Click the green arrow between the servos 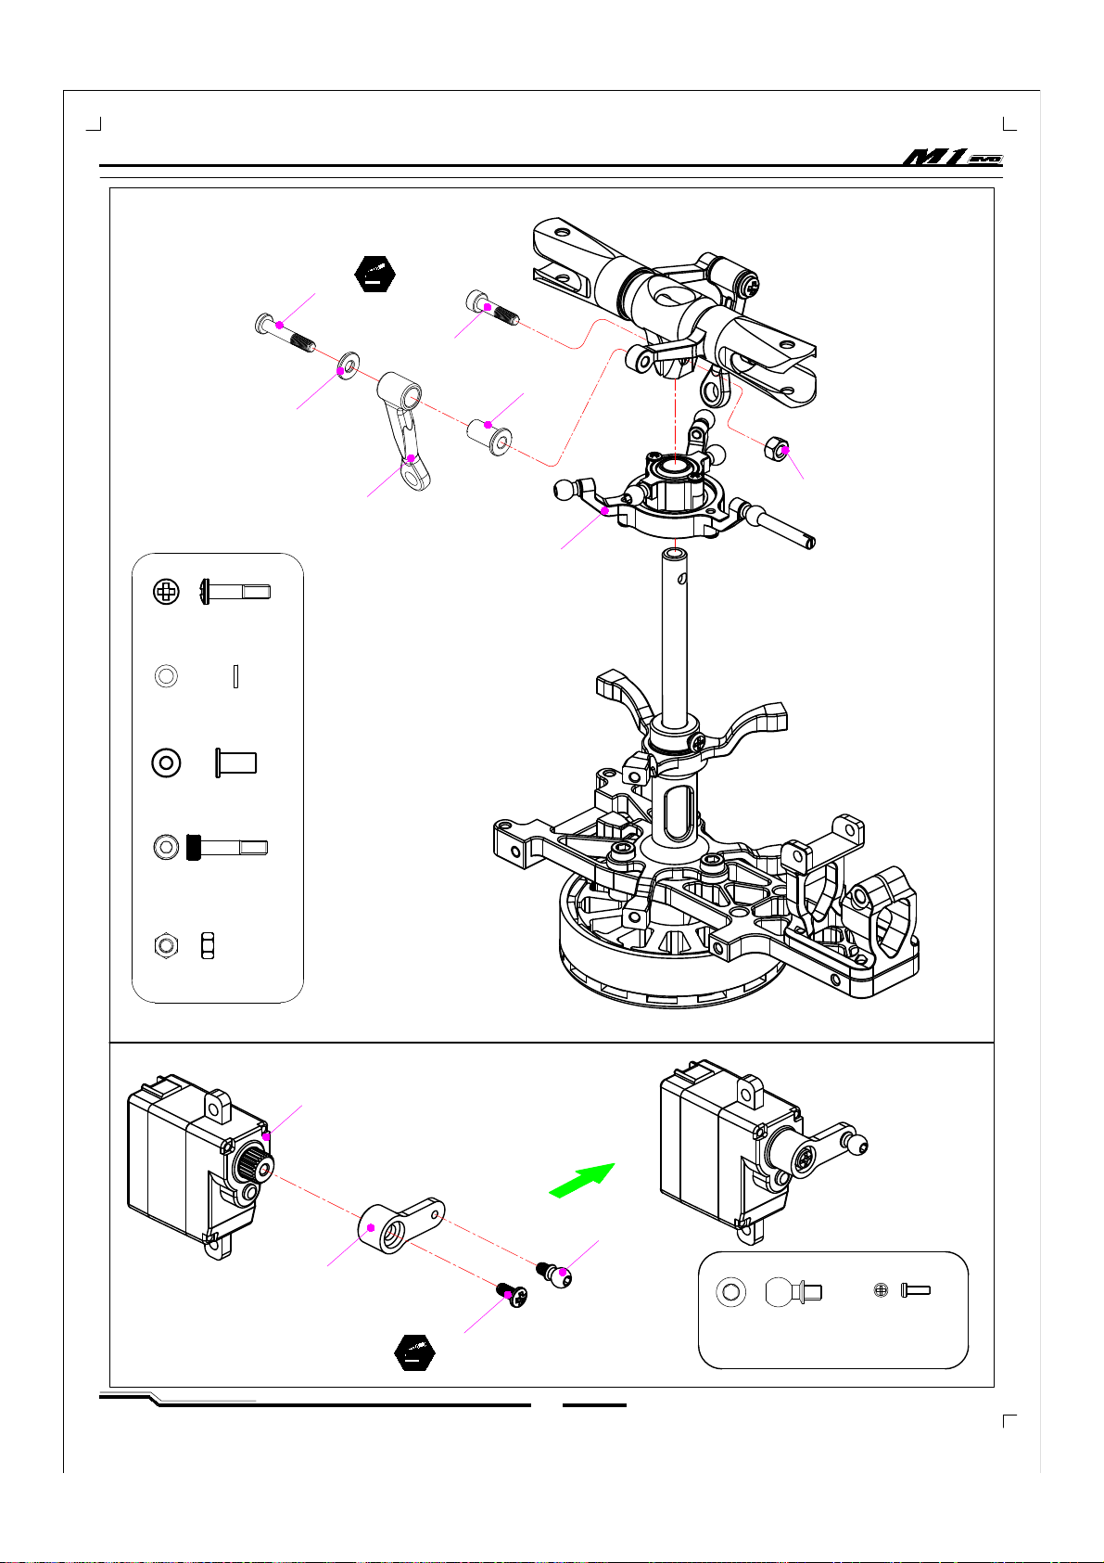pos(581,1181)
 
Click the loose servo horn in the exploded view pos(399,1224)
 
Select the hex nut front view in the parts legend pos(166,945)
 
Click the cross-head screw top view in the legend pos(166,592)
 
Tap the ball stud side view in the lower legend pos(789,1291)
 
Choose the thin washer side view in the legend pos(237,676)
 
